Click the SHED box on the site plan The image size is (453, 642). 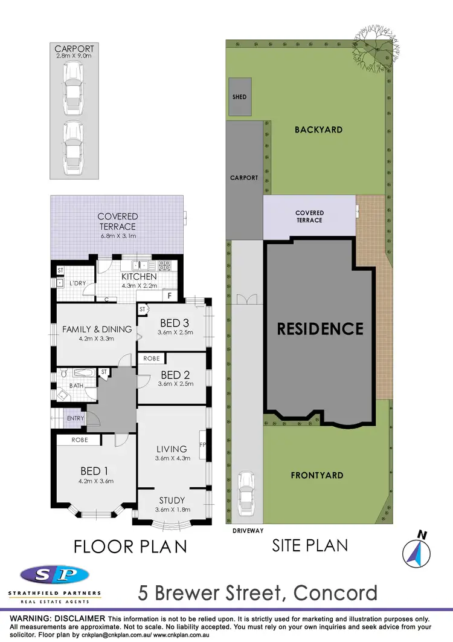(240, 96)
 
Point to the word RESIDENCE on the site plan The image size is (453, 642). (320, 329)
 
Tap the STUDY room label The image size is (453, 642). (172, 500)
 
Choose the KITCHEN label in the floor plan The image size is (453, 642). (139, 277)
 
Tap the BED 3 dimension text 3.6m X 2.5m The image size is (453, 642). (175, 332)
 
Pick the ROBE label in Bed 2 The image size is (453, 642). (152, 358)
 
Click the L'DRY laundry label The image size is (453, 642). (79, 283)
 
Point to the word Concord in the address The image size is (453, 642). (335, 592)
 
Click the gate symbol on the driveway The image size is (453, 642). (247, 299)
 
